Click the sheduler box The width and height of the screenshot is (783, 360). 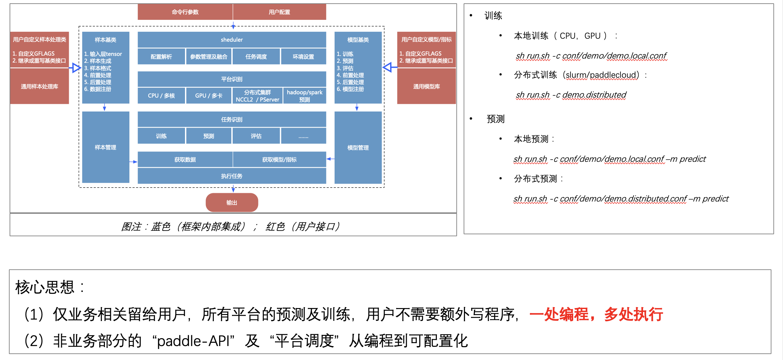tap(232, 40)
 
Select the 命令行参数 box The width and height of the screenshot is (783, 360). tap(185, 12)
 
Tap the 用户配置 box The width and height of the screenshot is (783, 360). tap(279, 12)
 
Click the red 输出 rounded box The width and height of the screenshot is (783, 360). tap(232, 202)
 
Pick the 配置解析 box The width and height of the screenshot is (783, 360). tap(161, 57)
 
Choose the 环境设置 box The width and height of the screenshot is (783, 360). tap(303, 57)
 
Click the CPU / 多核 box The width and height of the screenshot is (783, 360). tap(161, 96)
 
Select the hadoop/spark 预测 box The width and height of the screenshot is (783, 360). tap(304, 96)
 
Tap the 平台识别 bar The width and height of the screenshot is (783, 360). tap(232, 79)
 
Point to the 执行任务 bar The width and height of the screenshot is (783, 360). tap(232, 176)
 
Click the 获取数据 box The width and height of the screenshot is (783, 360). tap(185, 159)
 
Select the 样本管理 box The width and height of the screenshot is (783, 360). tap(106, 147)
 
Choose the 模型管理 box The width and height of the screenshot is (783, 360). tap(358, 148)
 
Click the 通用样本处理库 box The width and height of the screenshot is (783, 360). tap(39, 86)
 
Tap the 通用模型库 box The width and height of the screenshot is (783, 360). tap(426, 86)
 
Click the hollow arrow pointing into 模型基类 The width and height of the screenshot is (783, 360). tap(388, 67)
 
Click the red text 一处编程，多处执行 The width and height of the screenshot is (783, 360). tap(596, 314)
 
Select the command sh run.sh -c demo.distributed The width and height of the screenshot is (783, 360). tap(571, 95)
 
